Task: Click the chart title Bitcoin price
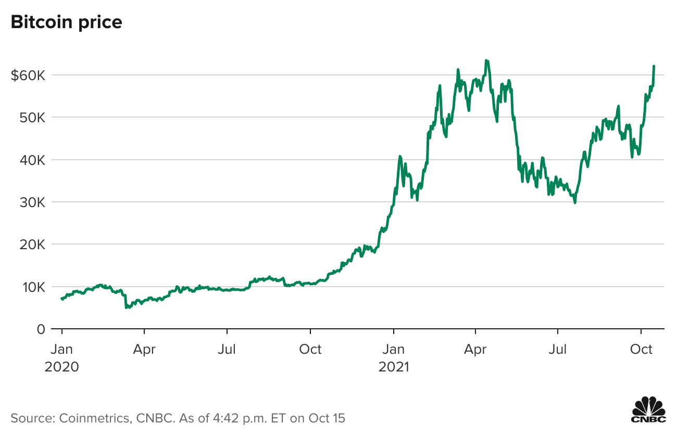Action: (66, 22)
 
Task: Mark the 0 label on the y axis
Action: (41, 329)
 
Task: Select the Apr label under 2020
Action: (144, 349)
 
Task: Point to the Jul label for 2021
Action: (558, 349)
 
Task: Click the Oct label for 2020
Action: (310, 349)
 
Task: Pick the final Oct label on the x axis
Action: (641, 349)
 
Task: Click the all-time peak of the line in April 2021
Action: (486, 60)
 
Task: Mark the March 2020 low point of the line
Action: (126, 308)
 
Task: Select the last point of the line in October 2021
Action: (654, 66)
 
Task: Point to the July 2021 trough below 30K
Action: (575, 202)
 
